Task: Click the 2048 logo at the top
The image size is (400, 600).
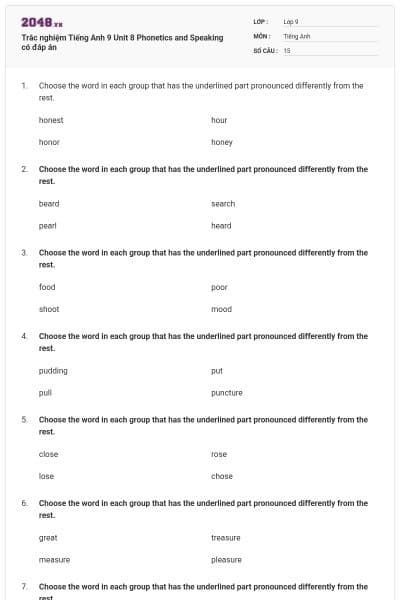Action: click(42, 21)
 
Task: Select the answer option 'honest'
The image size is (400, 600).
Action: click(51, 120)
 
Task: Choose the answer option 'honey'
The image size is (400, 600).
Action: click(222, 142)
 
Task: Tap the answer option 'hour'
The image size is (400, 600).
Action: click(219, 120)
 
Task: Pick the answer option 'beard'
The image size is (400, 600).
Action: click(49, 203)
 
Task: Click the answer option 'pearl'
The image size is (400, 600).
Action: click(47, 225)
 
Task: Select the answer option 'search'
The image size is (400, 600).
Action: click(223, 203)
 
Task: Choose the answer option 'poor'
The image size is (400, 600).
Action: click(219, 287)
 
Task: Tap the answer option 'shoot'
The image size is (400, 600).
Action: click(49, 309)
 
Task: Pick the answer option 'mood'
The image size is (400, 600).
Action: click(221, 309)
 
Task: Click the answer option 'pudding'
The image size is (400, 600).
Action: click(53, 370)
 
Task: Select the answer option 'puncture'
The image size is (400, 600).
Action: click(227, 392)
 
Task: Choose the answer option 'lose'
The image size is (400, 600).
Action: click(46, 476)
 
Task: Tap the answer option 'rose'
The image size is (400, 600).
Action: click(219, 454)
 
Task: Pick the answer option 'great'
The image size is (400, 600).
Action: click(48, 537)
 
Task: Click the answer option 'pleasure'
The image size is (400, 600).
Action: click(226, 559)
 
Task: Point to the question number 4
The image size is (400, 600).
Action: click(23, 336)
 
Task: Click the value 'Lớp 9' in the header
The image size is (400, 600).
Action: click(291, 21)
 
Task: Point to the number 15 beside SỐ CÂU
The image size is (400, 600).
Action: click(287, 49)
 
